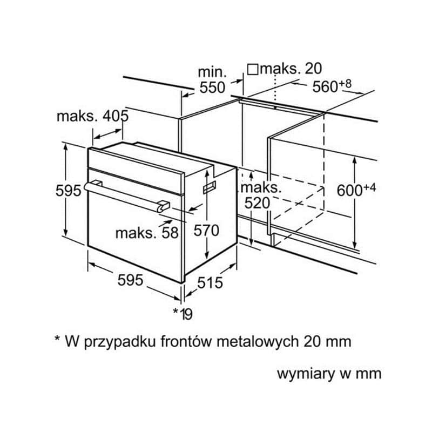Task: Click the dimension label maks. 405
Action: (x=92, y=116)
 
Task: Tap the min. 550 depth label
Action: (x=212, y=80)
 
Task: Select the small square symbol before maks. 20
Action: (x=253, y=69)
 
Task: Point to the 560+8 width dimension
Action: (x=332, y=86)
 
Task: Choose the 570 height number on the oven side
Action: (x=206, y=231)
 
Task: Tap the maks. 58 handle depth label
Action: (x=147, y=233)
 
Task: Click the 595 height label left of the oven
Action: (x=69, y=191)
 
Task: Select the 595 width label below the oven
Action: (x=130, y=280)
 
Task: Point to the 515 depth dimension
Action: (x=210, y=282)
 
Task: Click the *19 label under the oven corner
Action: (x=183, y=314)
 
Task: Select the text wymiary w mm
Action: (x=329, y=374)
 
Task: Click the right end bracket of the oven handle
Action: (x=164, y=206)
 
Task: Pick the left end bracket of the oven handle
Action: (x=97, y=183)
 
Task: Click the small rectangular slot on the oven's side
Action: (x=210, y=187)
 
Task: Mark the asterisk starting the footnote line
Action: (x=57, y=338)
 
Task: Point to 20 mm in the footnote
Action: (x=328, y=342)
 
